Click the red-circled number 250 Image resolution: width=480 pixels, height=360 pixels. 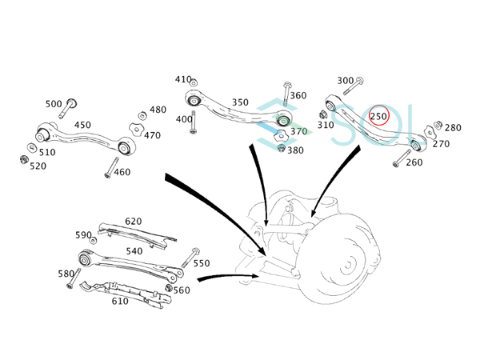pyautogui.click(x=378, y=117)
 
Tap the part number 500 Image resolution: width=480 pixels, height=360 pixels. pyautogui.click(x=54, y=104)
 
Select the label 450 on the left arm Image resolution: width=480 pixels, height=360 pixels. pyautogui.click(x=82, y=125)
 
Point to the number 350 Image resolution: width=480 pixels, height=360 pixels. pyautogui.click(x=240, y=102)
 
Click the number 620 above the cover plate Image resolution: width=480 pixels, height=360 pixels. pyautogui.click(x=133, y=222)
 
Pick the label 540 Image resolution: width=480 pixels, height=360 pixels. pyautogui.click(x=134, y=251)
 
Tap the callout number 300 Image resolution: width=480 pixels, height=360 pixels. pyautogui.click(x=345, y=81)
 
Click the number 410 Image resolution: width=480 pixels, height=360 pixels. pyautogui.click(x=183, y=80)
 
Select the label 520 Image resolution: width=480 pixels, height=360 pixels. pyautogui.click(x=38, y=166)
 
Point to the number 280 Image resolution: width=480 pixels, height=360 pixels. pyautogui.click(x=453, y=128)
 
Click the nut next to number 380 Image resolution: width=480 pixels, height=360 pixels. pyautogui.click(x=281, y=150)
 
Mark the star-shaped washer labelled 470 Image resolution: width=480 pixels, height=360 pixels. pyautogui.click(x=135, y=128)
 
